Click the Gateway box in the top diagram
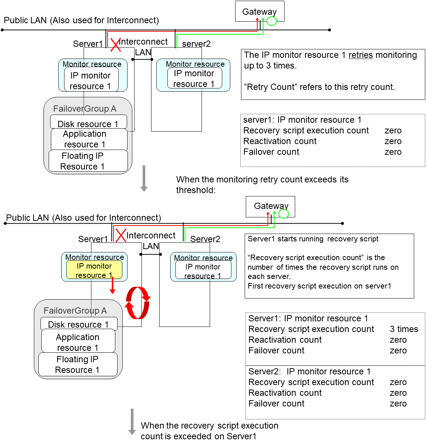click(x=259, y=11)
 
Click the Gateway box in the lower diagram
click(x=270, y=206)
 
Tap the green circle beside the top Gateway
click(x=272, y=21)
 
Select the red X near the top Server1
click(x=115, y=45)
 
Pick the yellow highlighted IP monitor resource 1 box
click(x=94, y=270)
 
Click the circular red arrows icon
click(x=137, y=303)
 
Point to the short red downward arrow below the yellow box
click(x=112, y=286)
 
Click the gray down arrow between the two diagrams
click(x=144, y=179)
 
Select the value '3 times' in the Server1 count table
click(x=404, y=329)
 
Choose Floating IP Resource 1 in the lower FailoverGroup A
click(x=78, y=364)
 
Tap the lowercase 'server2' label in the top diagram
click(x=196, y=44)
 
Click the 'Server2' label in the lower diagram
click(x=205, y=239)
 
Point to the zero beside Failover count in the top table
click(x=393, y=152)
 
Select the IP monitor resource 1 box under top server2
click(x=195, y=78)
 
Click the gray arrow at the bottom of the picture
click(x=132, y=422)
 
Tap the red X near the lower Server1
click(x=121, y=235)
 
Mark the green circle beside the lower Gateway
click(x=283, y=214)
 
